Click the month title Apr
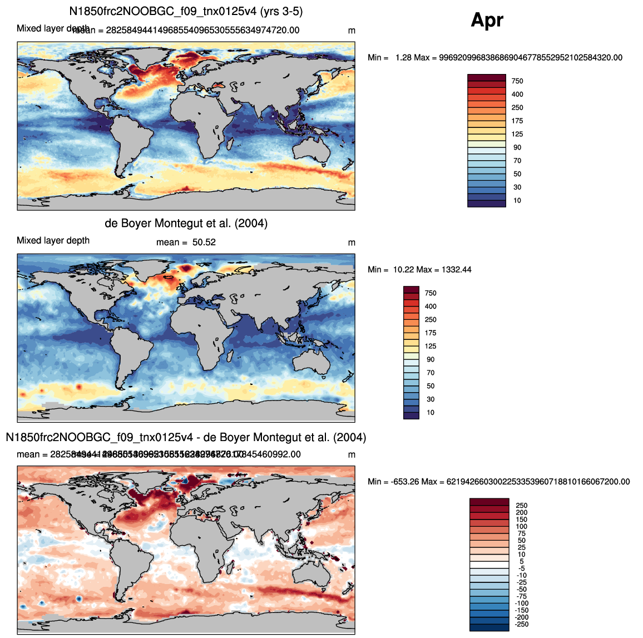(487, 20)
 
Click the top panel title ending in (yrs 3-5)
(186, 11)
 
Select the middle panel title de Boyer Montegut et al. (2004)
(186, 224)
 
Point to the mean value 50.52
(204, 243)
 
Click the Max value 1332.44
(456, 270)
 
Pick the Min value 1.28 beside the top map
(403, 58)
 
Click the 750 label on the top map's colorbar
(517, 81)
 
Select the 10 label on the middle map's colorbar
(431, 413)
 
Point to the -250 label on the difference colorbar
(522, 625)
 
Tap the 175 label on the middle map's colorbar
(431, 333)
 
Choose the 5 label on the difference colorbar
(522, 562)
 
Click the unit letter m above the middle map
(352, 243)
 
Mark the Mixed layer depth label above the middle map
(53, 241)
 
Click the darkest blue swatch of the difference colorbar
(489, 627)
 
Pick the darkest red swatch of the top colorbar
(487, 78)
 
